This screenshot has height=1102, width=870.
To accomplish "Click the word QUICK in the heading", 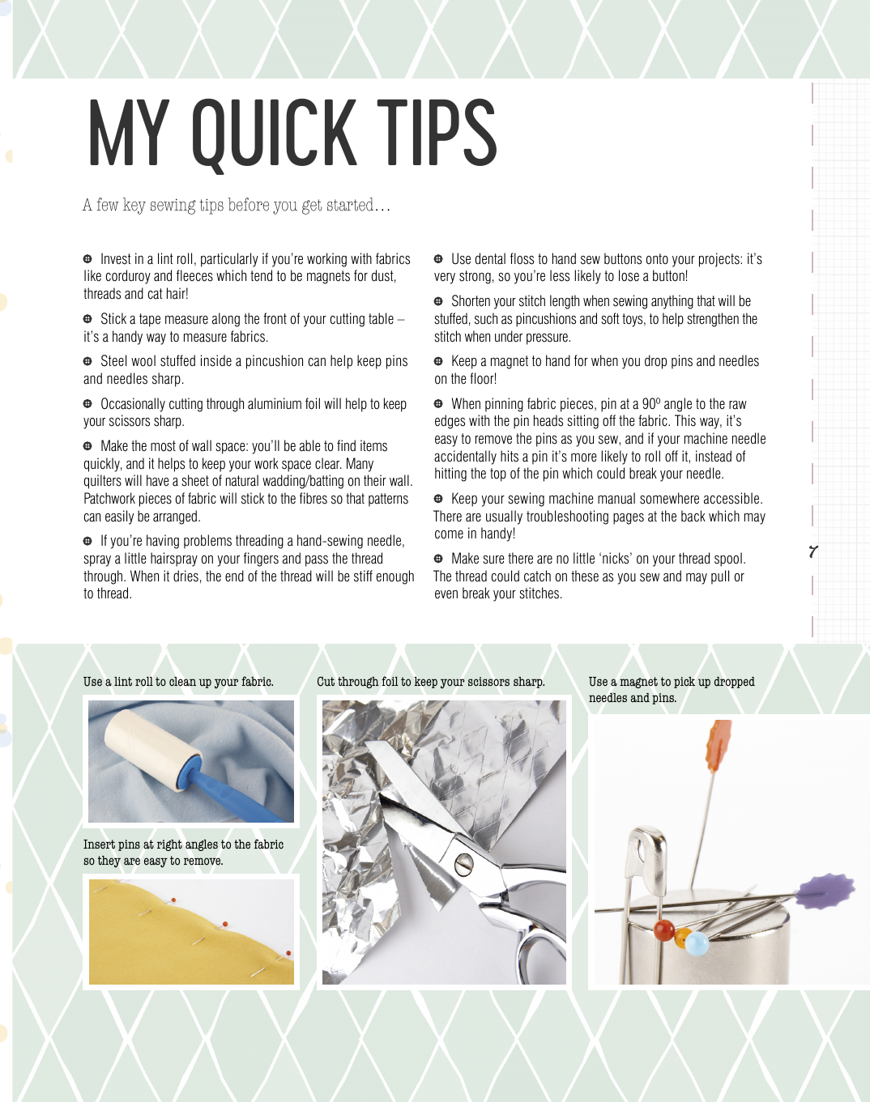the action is coord(274,134).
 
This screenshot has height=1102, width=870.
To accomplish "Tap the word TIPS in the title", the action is coord(437,132).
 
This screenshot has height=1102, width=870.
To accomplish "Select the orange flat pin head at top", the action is coord(719,745).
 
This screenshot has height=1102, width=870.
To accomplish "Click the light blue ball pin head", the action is coord(697,944).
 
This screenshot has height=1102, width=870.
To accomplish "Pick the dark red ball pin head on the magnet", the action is coord(664,930).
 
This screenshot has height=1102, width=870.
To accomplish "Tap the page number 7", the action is coord(813,552).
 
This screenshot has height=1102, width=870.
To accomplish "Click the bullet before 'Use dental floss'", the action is coord(438,258).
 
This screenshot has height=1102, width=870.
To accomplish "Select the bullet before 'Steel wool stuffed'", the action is coord(87,361).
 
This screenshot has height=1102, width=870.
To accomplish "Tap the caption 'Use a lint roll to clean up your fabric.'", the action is coord(178,682).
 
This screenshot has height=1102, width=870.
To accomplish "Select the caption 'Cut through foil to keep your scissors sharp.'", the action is coord(431,682).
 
